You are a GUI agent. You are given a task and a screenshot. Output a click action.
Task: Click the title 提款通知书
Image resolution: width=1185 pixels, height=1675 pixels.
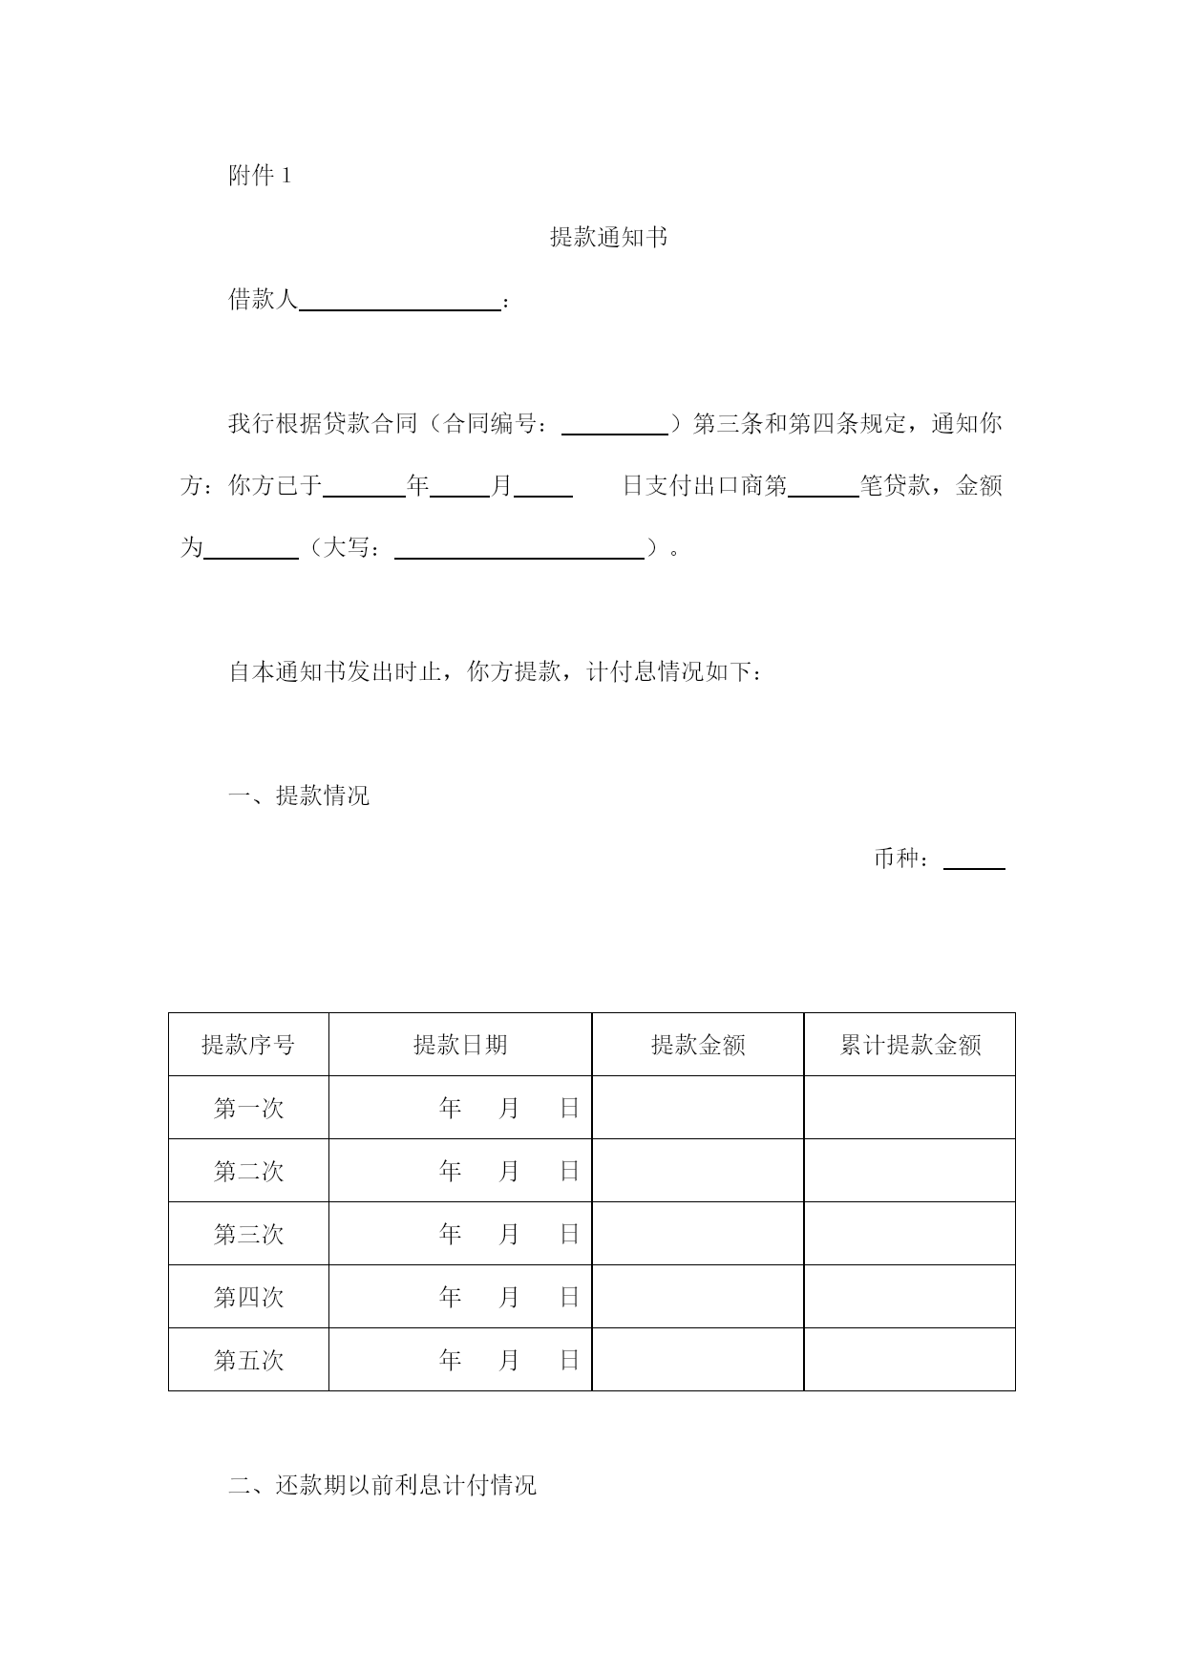coord(608,238)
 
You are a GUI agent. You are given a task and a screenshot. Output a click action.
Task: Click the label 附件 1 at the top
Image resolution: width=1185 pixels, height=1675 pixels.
coord(260,176)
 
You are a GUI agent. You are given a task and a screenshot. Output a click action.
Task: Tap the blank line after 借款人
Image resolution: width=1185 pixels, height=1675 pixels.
coord(400,302)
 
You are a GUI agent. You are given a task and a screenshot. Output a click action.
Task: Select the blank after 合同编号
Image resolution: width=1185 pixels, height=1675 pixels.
coord(614,426)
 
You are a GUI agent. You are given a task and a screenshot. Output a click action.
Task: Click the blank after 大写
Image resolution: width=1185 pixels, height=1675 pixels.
coord(518,550)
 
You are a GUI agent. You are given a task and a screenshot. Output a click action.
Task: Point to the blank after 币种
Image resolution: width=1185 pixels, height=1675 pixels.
coord(974,860)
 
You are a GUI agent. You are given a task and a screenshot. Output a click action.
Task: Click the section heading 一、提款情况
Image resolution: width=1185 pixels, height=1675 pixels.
coord(299,795)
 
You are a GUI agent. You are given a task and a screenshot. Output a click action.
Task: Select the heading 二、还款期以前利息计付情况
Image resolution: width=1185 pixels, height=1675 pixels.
coord(382,1485)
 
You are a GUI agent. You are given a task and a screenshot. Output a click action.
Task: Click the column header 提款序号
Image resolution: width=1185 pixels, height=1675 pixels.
coord(248,1045)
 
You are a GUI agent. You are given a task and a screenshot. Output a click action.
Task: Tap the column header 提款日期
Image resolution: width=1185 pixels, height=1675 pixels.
coord(460,1045)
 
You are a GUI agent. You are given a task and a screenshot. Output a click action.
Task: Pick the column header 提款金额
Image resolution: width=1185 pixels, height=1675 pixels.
coord(698,1045)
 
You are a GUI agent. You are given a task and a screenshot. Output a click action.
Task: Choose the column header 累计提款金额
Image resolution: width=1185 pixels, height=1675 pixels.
coord(910,1045)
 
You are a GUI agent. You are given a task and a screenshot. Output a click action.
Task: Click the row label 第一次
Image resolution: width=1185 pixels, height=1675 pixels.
coord(248,1109)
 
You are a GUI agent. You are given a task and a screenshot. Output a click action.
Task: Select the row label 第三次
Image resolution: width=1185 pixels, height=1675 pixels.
coord(248,1235)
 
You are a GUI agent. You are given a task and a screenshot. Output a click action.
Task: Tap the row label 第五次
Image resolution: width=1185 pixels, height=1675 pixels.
coord(248,1360)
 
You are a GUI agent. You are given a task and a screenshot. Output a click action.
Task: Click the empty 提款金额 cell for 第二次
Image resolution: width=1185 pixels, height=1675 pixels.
coord(698,1171)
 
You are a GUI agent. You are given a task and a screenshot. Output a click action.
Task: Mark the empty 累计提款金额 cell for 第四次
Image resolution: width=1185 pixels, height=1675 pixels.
coord(910,1297)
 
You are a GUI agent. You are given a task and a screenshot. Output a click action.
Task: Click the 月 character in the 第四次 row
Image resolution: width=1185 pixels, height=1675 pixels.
coord(509,1297)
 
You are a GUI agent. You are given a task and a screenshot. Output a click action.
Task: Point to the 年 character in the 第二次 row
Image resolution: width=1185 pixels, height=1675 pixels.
coord(451,1171)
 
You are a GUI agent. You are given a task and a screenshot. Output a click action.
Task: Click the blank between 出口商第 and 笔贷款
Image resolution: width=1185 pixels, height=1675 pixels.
coord(823,488)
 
